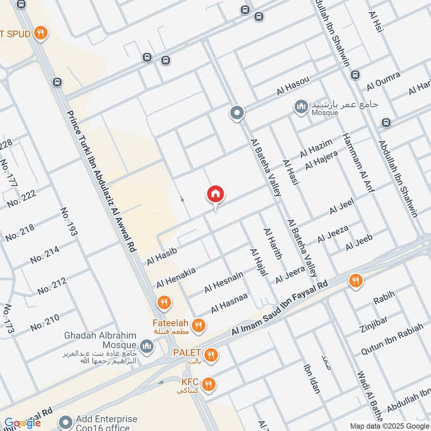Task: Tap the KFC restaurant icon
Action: click(210, 384)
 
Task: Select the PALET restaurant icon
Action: click(211, 354)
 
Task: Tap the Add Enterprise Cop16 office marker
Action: click(66, 422)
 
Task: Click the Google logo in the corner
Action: click(22, 423)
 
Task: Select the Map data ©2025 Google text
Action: click(390, 426)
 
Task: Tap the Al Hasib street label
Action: click(162, 254)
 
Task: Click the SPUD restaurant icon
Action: click(39, 34)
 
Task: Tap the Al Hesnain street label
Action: click(224, 282)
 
